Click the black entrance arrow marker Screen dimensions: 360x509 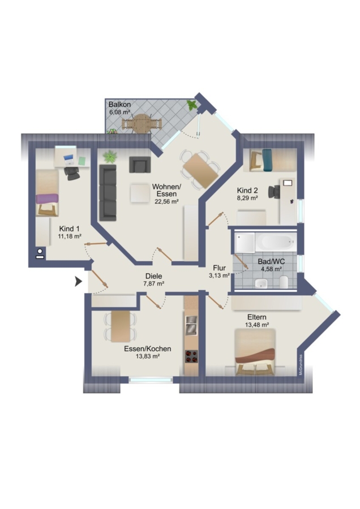click(78, 282)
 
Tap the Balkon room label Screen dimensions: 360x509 click(119, 105)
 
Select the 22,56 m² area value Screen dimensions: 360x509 click(166, 201)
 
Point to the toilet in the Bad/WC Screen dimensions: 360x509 click(284, 282)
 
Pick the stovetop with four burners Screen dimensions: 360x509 click(191, 356)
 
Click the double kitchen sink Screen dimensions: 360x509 click(191, 325)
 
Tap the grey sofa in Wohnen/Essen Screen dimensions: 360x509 click(108, 193)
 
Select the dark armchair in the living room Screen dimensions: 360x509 click(140, 165)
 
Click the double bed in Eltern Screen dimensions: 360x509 click(255, 352)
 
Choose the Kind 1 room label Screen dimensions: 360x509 click(69, 229)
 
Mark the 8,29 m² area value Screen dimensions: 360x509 click(247, 197)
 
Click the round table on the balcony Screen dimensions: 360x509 click(140, 123)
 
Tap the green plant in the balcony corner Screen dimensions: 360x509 click(192, 105)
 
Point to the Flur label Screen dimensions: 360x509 click(219, 268)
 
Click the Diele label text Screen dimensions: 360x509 click(154, 276)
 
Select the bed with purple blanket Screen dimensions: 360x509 click(48, 193)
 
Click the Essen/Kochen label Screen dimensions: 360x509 click(148, 349)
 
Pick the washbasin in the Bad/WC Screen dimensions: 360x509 click(261, 283)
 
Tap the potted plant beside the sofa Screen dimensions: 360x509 click(110, 156)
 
